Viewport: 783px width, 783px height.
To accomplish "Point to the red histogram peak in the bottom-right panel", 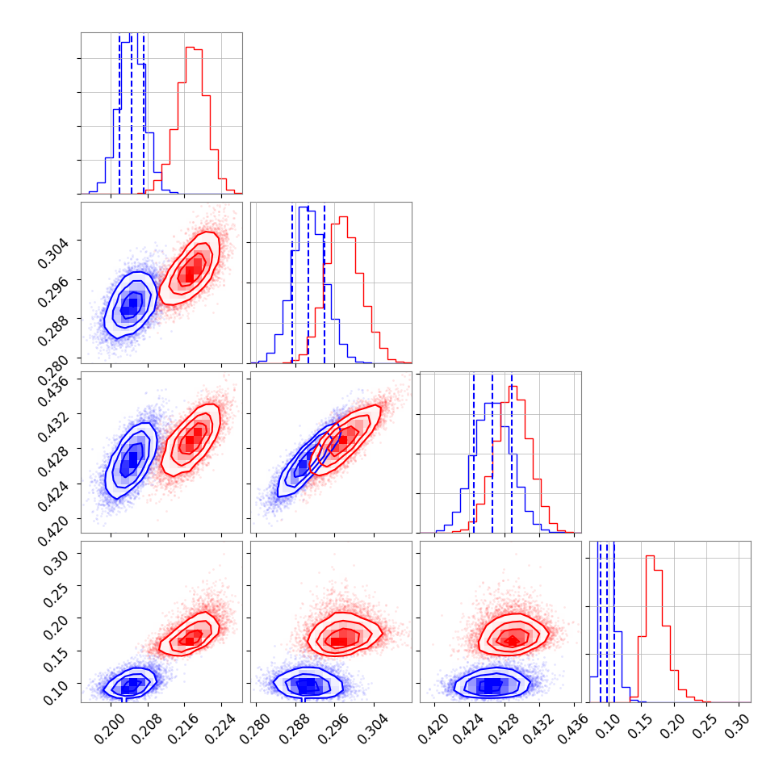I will pyautogui.click(x=650, y=556).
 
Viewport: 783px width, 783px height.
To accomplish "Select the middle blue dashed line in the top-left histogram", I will pyautogui.click(x=132, y=113).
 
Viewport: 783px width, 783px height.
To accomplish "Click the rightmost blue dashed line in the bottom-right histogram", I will pyautogui.click(x=613, y=622).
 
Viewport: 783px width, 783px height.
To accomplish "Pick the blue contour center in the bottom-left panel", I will pyautogui.click(x=130, y=685).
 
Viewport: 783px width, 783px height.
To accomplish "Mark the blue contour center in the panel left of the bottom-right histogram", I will pyautogui.click(x=490, y=685).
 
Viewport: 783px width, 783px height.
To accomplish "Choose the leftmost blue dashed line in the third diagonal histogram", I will pyautogui.click(x=474, y=452).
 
